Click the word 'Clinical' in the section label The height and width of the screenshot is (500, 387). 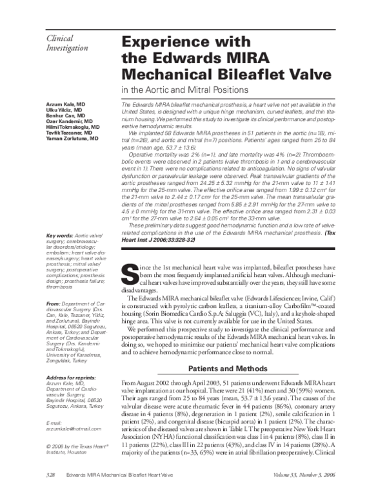[62, 39]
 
